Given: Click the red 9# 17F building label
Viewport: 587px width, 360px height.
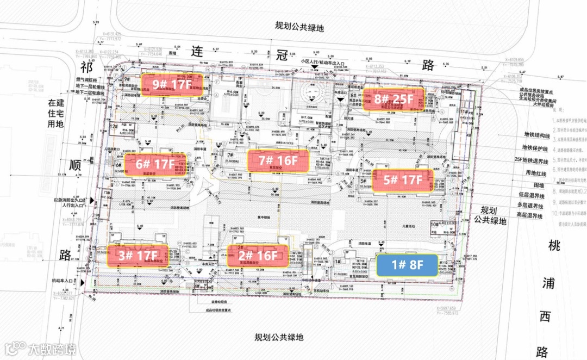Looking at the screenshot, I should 171,84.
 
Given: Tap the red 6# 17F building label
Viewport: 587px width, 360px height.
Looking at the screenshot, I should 155,163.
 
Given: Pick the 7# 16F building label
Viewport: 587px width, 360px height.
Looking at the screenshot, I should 278,160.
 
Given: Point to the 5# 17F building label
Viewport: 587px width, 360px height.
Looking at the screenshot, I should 403,179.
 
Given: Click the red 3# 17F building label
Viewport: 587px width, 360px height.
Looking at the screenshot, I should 139,255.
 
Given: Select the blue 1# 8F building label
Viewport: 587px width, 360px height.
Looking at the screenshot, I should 407,265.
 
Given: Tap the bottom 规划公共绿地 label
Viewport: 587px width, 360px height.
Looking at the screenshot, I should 279,338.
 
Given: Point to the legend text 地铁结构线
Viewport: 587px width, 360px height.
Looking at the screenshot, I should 538,134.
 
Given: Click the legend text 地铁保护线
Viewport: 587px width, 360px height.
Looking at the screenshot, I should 538,147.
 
